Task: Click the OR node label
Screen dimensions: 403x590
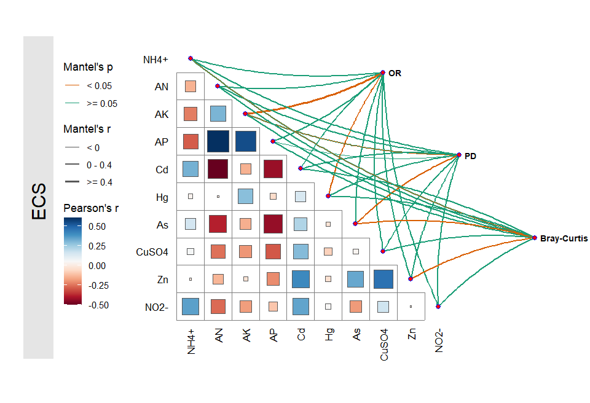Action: pyautogui.click(x=395, y=73)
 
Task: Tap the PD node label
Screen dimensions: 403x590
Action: pyautogui.click(x=471, y=156)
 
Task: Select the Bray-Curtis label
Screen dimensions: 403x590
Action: pyautogui.click(x=564, y=238)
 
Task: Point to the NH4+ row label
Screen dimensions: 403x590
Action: pyautogui.click(x=155, y=60)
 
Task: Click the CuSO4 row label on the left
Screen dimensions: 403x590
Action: pyautogui.click(x=152, y=252)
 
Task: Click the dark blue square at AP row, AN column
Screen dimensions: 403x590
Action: pyautogui.click(x=218, y=141)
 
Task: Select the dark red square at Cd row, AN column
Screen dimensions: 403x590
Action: pyautogui.click(x=218, y=169)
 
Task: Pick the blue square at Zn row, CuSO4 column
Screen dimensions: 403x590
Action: pyautogui.click(x=383, y=279)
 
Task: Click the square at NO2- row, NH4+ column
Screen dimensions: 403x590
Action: pyautogui.click(x=191, y=307)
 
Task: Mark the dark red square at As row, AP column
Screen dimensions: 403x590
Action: pyautogui.click(x=273, y=224)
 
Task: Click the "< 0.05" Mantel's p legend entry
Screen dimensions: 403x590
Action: pyautogui.click(x=99, y=86)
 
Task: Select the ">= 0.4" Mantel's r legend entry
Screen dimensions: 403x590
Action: pyautogui.click(x=99, y=182)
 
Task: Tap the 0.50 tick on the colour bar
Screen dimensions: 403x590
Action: pyautogui.click(x=96, y=226)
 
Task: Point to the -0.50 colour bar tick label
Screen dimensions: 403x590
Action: pyautogui.click(x=98, y=305)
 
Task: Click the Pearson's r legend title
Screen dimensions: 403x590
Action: pyautogui.click(x=91, y=208)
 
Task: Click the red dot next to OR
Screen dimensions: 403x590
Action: pyautogui.click(x=383, y=72)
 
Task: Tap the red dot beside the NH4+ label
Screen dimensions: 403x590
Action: pyautogui.click(x=191, y=58)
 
